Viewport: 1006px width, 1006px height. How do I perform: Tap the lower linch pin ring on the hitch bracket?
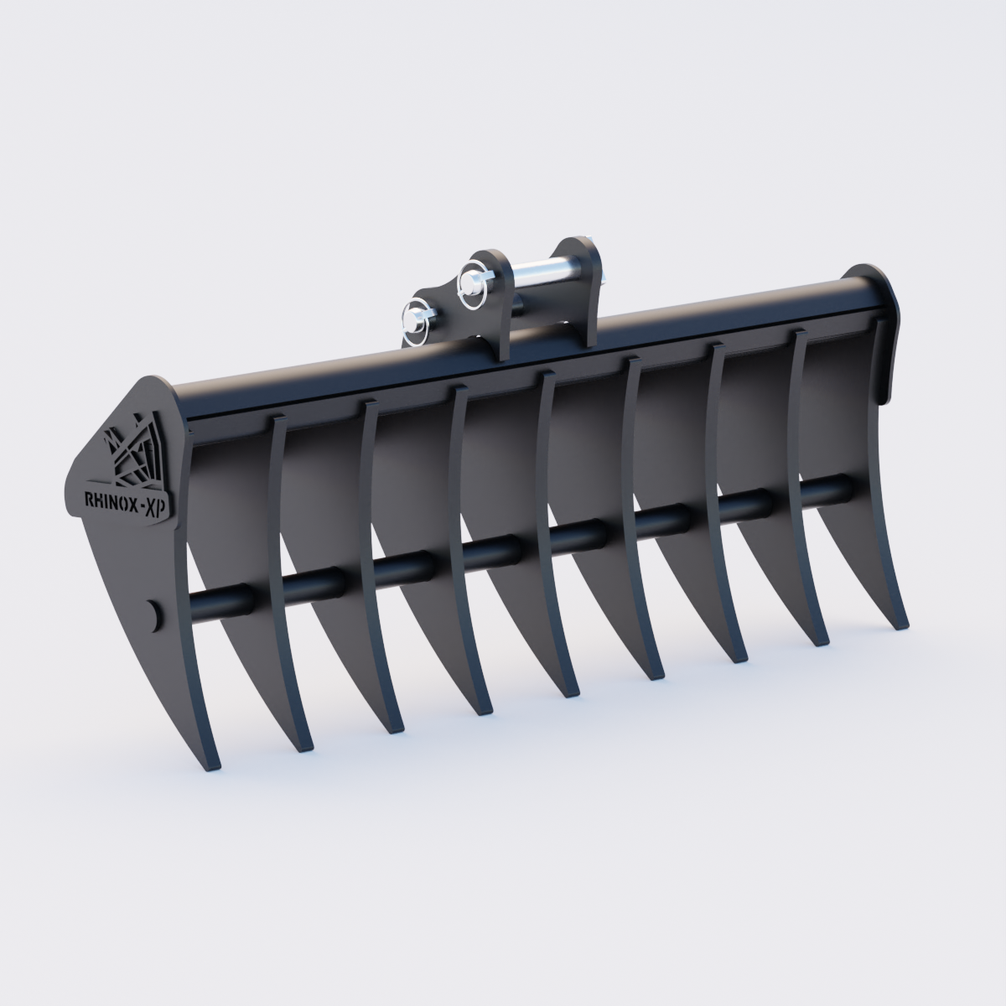(x=414, y=322)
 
